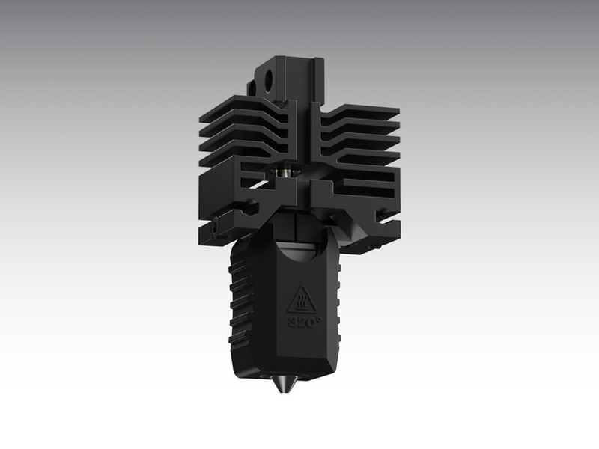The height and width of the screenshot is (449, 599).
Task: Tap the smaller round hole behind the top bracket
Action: (x=252, y=88)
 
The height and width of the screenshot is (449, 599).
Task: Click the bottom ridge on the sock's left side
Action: (x=240, y=345)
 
